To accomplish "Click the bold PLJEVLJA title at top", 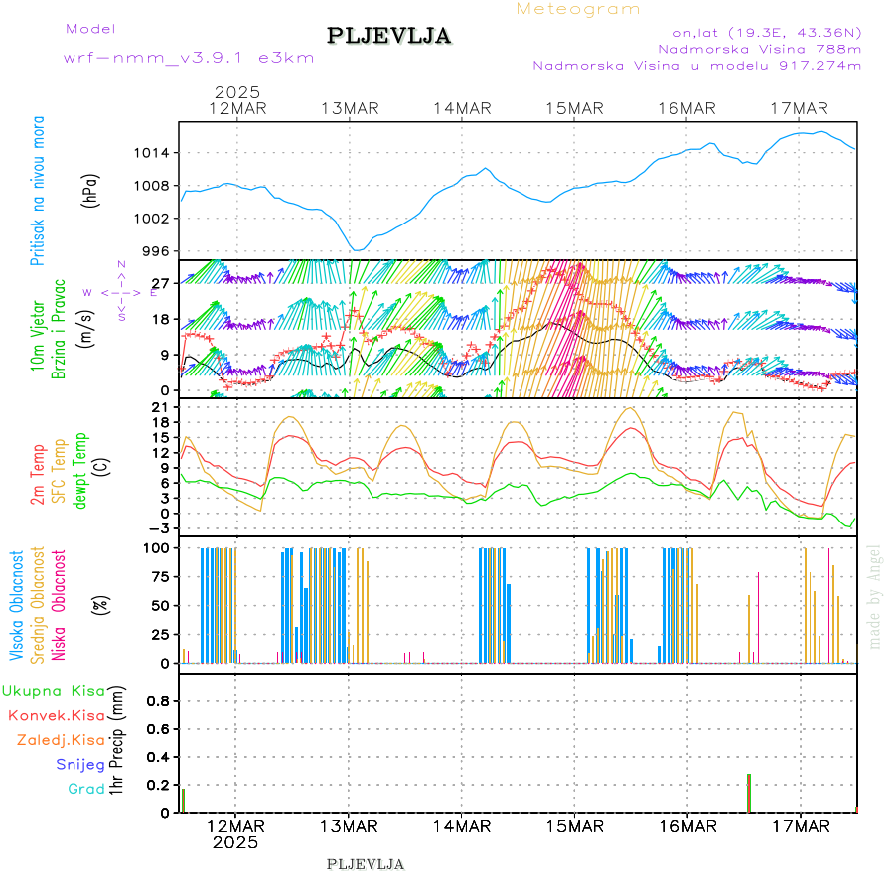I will pyautogui.click(x=388, y=37).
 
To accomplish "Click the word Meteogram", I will pyautogui.click(x=578, y=9).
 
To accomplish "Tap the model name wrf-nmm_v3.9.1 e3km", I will pyautogui.click(x=189, y=57).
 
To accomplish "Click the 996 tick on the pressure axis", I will pyautogui.click(x=157, y=251).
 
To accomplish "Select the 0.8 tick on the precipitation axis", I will pyautogui.click(x=159, y=701).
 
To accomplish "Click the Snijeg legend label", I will pyautogui.click(x=75, y=765).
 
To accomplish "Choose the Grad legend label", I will pyautogui.click(x=85, y=790).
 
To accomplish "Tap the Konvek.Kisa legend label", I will pyautogui.click(x=56, y=715).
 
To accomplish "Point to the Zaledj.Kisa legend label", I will pyautogui.click(x=61, y=740).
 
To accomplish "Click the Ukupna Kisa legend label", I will pyautogui.click(x=52, y=690).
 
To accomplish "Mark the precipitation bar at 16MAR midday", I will pyautogui.click(x=749, y=793).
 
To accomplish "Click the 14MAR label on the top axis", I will pyautogui.click(x=462, y=108).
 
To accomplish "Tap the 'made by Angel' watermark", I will pyautogui.click(x=875, y=596).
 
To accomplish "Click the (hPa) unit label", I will pyautogui.click(x=91, y=190).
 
